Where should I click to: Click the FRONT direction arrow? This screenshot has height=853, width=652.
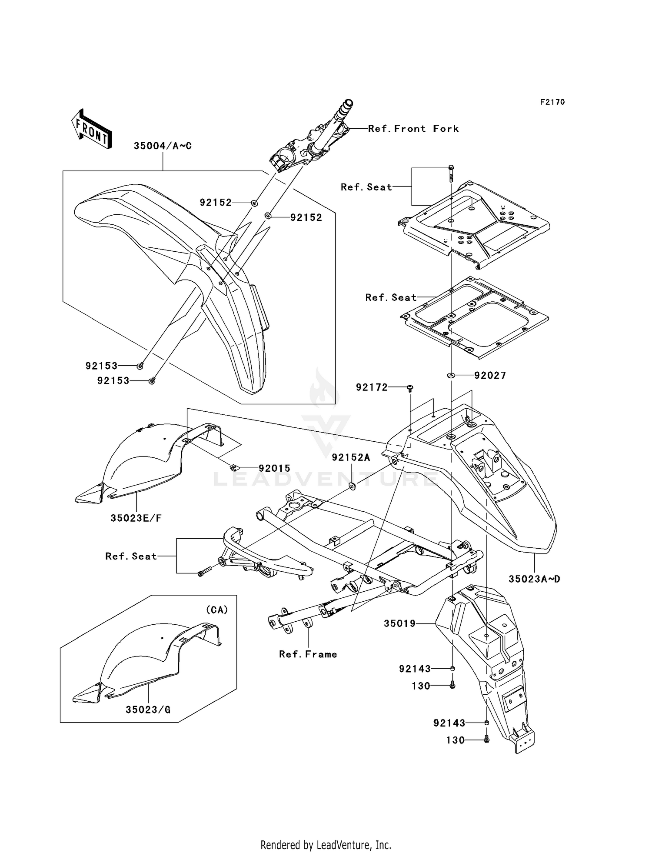[x=91, y=129]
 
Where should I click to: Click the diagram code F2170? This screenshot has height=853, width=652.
[x=552, y=102]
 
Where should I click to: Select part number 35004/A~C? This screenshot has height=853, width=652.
[x=163, y=146]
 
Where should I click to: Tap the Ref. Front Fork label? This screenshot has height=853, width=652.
[x=413, y=129]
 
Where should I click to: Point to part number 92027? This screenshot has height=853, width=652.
[x=490, y=376]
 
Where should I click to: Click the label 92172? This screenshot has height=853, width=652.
[x=372, y=387]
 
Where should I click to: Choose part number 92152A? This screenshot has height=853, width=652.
[x=351, y=457]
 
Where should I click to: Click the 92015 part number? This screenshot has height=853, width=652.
[x=274, y=468]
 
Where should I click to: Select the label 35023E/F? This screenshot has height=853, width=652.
[x=136, y=518]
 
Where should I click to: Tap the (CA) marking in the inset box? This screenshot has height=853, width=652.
[x=217, y=610]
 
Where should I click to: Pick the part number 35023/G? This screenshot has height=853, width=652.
[x=148, y=710]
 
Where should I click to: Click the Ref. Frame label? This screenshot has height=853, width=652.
[x=308, y=654]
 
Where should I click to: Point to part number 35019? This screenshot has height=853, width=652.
[x=400, y=623]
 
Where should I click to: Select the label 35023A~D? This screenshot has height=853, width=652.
[x=535, y=579]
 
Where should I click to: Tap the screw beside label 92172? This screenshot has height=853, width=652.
[x=410, y=388]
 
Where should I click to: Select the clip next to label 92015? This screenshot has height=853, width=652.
[x=234, y=468]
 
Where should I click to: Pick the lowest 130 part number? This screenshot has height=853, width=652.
[x=456, y=740]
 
